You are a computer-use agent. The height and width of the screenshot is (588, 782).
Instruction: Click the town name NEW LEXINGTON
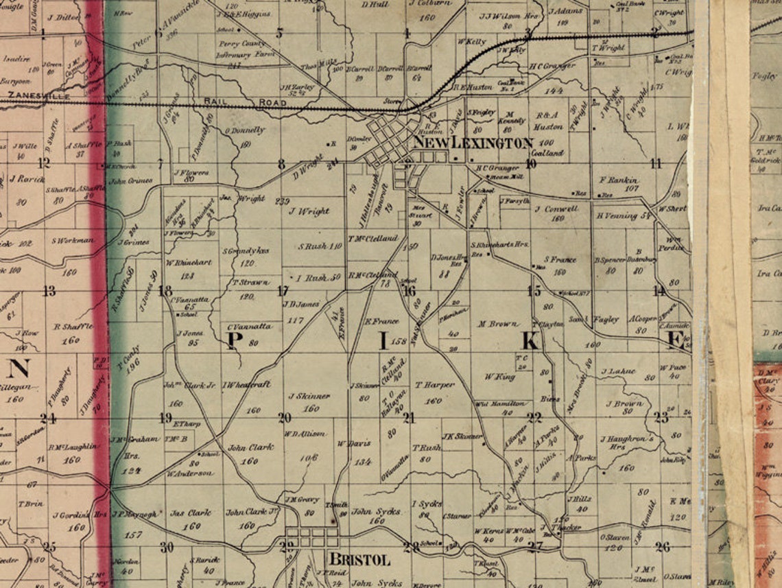[x=473, y=143]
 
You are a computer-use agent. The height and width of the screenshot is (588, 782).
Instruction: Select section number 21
[x=409, y=418]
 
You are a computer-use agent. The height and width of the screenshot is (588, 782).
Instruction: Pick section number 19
[x=165, y=418]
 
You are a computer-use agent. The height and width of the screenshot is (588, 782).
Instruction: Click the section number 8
[x=281, y=164]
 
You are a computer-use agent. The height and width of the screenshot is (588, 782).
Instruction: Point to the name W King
[x=499, y=376]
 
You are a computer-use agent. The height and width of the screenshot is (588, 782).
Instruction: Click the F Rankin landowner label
[x=619, y=180]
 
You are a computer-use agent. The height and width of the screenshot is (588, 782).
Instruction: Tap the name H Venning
[x=618, y=215]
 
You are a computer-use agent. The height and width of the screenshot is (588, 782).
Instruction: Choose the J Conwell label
[x=556, y=209]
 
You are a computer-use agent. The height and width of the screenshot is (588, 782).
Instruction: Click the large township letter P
[x=232, y=341]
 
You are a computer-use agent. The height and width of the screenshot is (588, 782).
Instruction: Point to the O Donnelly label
[x=245, y=130]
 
